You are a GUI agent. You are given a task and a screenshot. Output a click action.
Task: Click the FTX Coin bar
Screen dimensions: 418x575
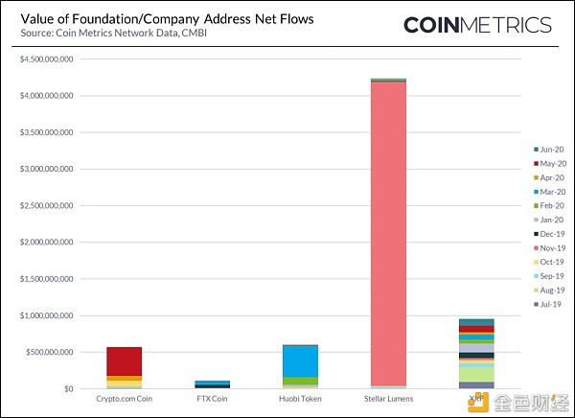tap(212, 383)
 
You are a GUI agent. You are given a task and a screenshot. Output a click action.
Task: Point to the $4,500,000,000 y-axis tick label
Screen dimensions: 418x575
tap(47, 59)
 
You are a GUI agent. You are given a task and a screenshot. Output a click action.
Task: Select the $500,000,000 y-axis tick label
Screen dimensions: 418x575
tap(51, 352)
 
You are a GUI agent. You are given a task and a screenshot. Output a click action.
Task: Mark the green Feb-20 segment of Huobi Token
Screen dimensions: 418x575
tap(300, 381)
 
